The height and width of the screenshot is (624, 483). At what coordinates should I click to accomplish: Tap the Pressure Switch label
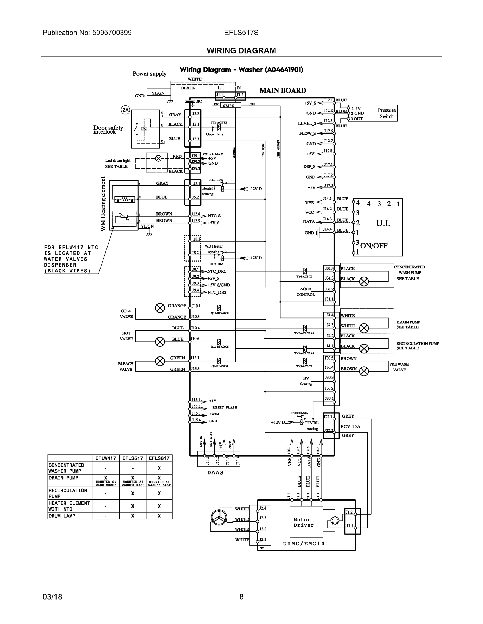pos(386,113)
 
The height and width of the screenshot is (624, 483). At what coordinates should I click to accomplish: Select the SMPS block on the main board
pos(229,105)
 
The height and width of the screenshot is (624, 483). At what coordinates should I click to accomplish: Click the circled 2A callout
pos(125,110)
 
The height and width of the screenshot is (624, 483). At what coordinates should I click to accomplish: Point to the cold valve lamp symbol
pos(160,308)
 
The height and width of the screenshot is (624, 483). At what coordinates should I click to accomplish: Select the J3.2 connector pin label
pos(196,114)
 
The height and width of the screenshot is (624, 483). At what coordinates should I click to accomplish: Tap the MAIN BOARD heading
pos(283,90)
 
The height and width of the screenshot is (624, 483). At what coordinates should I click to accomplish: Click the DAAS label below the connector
pos(215,473)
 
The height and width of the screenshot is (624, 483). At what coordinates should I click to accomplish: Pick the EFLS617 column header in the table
pos(159,458)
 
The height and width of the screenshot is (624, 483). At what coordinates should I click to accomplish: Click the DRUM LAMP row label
pos(62,516)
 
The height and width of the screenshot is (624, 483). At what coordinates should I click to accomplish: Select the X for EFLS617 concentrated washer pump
pos(159,468)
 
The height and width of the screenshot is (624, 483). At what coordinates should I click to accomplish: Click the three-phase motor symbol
pos(219,517)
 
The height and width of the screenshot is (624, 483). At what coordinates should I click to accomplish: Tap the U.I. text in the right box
pos(383,223)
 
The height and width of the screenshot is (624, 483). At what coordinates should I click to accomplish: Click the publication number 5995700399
pos(112,32)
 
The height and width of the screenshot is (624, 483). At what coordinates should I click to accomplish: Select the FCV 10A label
pos(350,427)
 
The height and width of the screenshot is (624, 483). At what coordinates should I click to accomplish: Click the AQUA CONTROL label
pos(306,291)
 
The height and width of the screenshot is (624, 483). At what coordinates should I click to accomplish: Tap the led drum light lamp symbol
pos(158,158)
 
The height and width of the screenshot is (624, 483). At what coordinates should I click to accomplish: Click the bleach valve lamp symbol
pos(160,361)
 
